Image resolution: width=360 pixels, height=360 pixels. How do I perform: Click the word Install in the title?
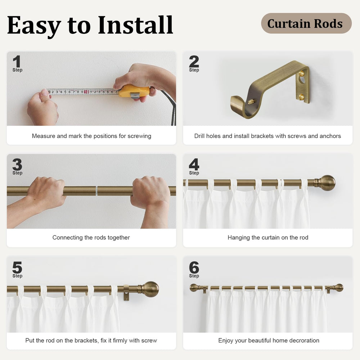coord(135,25)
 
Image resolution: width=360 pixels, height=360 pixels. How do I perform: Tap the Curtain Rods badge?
coord(306,23)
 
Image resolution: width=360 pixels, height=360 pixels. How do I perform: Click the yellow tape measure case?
coord(134,91)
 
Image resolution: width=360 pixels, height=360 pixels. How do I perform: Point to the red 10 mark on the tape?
coord(86,92)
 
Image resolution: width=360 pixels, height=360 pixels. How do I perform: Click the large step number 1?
coord(17,61)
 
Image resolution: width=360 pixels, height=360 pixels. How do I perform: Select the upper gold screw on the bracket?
coord(301,73)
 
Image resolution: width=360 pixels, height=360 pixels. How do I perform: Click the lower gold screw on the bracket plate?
coord(301,97)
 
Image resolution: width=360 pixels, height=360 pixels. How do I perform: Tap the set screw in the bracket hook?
coord(252,101)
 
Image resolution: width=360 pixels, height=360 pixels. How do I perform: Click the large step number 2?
coord(194,61)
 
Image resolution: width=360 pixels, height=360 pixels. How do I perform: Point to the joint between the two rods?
coord(96,191)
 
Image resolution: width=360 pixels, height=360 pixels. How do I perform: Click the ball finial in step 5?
coord(150,289)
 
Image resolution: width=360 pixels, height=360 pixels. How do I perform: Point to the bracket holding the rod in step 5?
coord(126,292)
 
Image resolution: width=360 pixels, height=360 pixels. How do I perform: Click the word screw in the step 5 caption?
coord(149,341)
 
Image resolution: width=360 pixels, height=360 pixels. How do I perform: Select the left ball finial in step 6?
coord(194,288)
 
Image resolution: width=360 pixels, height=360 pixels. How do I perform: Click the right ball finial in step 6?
coord(339,288)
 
